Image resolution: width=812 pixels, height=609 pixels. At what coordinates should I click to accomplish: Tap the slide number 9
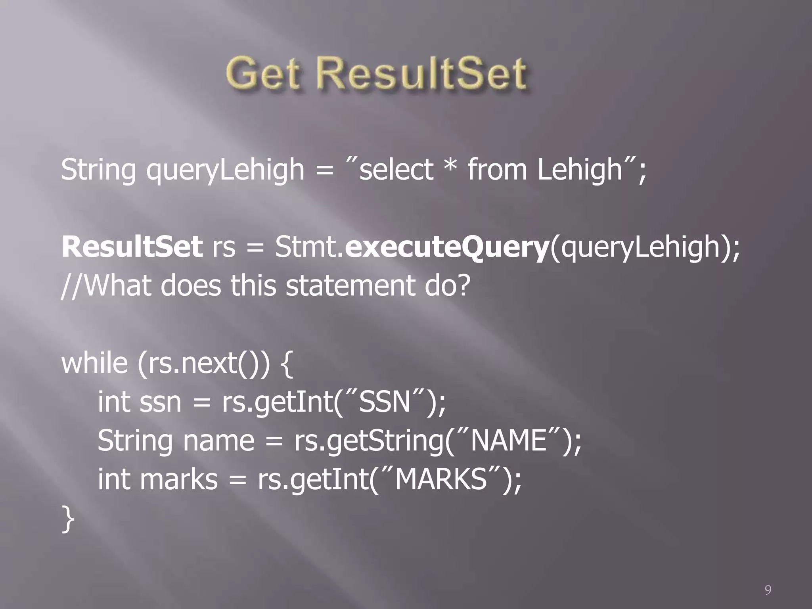(x=768, y=590)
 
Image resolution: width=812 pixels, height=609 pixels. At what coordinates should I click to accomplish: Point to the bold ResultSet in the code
(x=132, y=247)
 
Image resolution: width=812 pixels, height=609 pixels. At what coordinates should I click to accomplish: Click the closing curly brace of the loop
(x=68, y=519)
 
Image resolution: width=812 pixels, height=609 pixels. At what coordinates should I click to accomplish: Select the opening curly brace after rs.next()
(x=286, y=364)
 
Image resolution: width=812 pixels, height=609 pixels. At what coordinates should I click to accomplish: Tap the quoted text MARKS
(x=441, y=479)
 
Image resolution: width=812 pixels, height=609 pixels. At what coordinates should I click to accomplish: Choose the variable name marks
(x=178, y=479)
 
